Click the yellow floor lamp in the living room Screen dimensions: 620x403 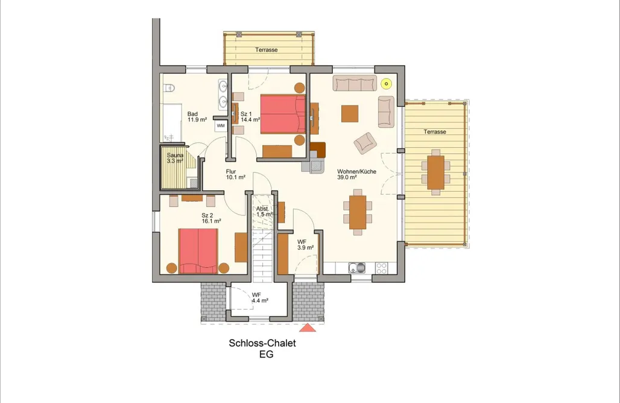click(387, 84)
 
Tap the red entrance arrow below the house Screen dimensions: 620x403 click(308, 328)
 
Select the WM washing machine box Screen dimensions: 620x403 click(221, 125)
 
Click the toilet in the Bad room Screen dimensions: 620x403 click(169, 87)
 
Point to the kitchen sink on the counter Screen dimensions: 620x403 click(358, 268)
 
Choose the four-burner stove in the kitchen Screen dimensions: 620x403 click(382, 268)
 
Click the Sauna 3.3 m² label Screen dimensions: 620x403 click(175, 158)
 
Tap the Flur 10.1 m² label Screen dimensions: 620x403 click(236, 174)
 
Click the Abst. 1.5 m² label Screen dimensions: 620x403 click(264, 211)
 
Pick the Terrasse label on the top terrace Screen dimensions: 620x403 click(266, 50)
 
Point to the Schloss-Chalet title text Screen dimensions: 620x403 click(262, 343)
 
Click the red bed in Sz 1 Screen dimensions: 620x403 click(283, 113)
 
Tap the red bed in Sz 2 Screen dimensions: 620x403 click(198, 251)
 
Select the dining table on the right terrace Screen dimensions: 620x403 click(435, 173)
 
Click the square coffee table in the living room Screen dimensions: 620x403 click(350, 113)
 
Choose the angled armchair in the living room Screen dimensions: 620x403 click(365, 143)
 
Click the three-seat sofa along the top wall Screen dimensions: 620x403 click(355, 83)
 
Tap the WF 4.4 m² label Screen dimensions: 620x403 click(260, 297)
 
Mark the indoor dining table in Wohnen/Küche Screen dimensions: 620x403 click(358, 212)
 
